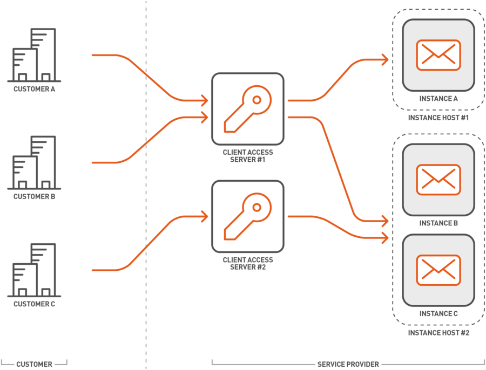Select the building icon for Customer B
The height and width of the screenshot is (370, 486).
[34, 162]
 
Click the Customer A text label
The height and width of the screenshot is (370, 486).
[35, 89]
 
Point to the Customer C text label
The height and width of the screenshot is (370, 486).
[35, 304]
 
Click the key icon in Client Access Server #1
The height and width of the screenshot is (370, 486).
[248, 109]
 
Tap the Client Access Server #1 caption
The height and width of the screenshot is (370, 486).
[248, 156]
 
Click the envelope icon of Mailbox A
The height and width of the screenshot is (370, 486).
[438, 55]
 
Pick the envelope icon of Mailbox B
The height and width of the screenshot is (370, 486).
[438, 180]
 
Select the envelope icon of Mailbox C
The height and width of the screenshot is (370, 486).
[438, 270]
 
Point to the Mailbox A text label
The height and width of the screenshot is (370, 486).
[438, 99]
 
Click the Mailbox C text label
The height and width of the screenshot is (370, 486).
[438, 313]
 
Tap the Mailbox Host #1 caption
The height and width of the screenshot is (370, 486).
[438, 117]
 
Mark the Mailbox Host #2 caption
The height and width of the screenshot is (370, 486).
[438, 333]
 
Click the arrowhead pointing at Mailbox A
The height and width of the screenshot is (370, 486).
[386, 60]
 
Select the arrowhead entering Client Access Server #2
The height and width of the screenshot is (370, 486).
[205, 216]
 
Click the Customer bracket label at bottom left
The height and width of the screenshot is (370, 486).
[34, 364]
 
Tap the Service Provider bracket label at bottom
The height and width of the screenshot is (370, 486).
[348, 364]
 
